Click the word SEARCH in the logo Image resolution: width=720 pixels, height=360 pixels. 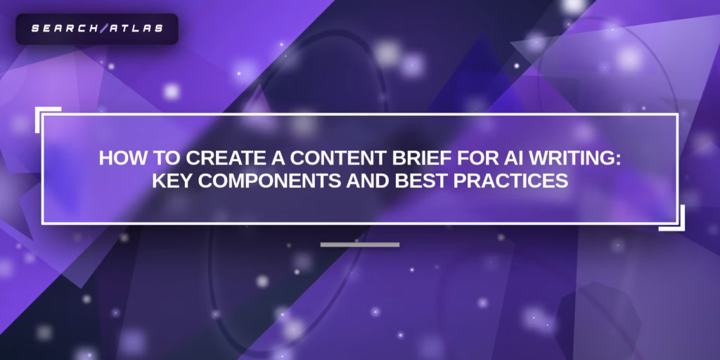(61, 30)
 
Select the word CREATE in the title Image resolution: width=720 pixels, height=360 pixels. (209, 158)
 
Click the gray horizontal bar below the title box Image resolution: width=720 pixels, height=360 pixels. (360, 245)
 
